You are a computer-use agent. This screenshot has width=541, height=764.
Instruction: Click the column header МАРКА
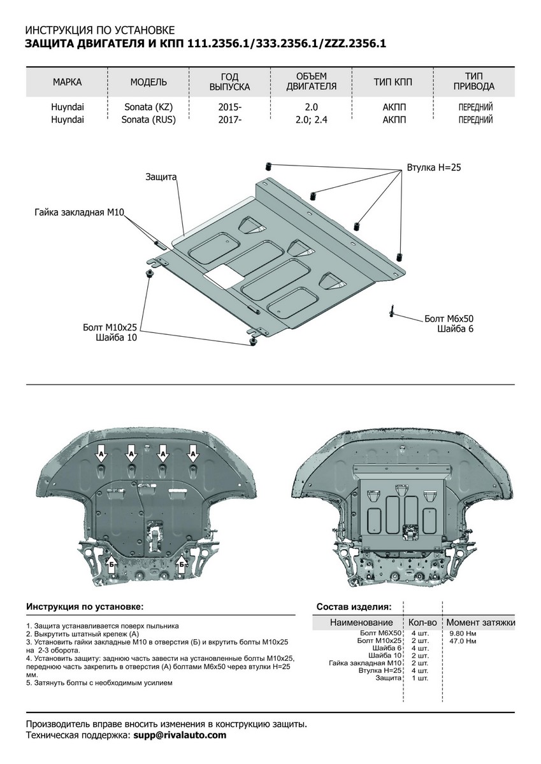(x=67, y=82)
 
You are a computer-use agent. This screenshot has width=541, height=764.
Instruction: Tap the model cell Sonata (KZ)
(x=148, y=108)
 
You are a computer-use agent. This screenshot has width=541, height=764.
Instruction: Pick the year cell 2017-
(x=229, y=119)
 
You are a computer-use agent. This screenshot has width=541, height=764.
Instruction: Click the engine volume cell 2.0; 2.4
(x=311, y=119)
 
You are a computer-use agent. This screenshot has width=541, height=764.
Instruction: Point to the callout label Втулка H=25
(x=434, y=168)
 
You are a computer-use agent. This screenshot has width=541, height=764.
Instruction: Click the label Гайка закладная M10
(x=78, y=211)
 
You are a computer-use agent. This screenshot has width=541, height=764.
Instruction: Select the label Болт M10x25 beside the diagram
(x=110, y=327)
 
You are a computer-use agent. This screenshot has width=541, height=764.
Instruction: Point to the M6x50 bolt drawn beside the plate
(x=391, y=311)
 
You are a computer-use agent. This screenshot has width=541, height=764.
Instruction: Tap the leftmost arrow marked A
(x=101, y=455)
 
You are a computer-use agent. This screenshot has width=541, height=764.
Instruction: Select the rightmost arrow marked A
(x=193, y=455)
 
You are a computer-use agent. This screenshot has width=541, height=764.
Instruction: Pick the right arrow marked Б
(x=182, y=563)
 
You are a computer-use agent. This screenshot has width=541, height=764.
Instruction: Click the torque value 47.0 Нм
(x=463, y=640)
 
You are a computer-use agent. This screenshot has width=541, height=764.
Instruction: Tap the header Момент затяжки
(x=480, y=622)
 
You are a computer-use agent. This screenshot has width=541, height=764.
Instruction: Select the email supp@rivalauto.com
(x=180, y=735)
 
